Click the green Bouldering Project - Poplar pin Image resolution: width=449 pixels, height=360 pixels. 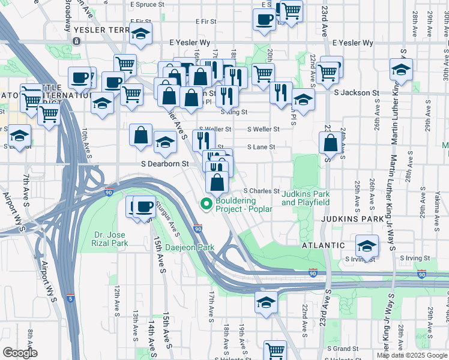207,205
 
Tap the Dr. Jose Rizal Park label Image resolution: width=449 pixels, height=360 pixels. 111,239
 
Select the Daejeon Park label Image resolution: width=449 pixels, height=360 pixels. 194,247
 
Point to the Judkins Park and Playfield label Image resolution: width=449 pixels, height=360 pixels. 306,198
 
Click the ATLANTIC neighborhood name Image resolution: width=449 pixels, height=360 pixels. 324,245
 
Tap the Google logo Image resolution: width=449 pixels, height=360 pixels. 20,353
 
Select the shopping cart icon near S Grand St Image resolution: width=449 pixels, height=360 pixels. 275,350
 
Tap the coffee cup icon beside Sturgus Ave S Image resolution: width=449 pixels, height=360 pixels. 143,206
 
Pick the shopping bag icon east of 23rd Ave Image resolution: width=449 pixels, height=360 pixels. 330,143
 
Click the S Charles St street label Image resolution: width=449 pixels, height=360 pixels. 262,191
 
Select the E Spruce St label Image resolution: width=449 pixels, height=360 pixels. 146,4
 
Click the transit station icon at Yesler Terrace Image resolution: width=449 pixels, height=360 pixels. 77,41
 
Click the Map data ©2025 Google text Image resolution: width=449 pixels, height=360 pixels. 411,355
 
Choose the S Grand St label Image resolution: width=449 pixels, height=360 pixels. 342,349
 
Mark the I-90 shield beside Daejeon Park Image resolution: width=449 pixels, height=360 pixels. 197,229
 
